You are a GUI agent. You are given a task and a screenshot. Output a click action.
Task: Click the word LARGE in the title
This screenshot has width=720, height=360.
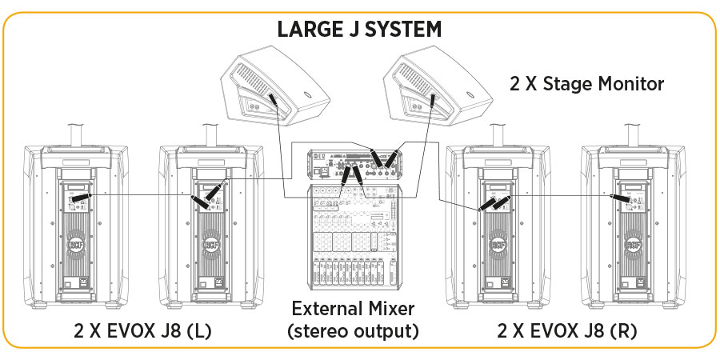(x=309, y=30)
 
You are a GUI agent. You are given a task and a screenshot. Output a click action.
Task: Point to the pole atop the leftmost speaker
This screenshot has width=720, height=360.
(x=77, y=134)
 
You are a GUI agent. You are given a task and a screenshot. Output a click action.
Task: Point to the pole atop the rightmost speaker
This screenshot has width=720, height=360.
(x=636, y=134)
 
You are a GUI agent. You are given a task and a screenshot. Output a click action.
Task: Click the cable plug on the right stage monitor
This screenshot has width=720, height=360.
(x=430, y=100)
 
